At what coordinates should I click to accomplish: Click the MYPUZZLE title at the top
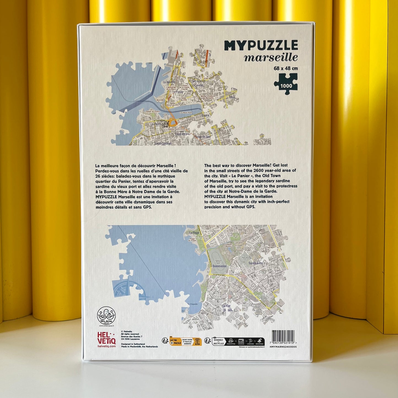tap(261, 45)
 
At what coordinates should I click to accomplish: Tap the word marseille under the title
tap(271, 58)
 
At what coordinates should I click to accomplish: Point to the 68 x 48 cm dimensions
tap(286, 68)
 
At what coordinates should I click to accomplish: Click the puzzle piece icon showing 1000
tap(286, 84)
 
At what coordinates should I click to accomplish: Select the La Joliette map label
tap(169, 82)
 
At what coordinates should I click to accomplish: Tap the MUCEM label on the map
tap(160, 100)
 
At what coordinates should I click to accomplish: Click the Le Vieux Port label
tap(186, 113)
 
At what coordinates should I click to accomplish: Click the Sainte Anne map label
tap(256, 263)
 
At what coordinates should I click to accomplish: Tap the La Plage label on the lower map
tap(194, 233)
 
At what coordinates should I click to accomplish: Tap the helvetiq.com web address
tap(107, 346)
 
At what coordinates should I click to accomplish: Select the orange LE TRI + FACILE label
tap(175, 342)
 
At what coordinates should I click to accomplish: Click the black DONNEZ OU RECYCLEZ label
tap(218, 342)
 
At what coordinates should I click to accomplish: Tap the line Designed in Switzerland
tap(133, 344)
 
